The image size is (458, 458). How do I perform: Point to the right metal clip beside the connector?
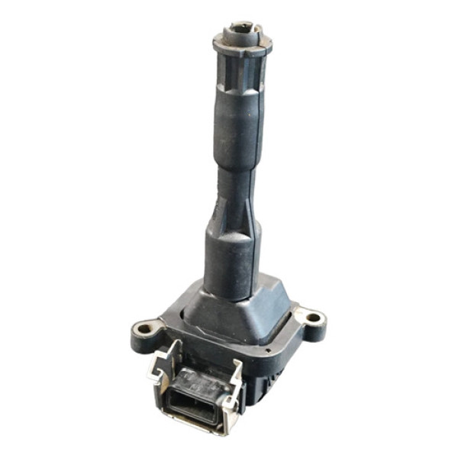238,382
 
